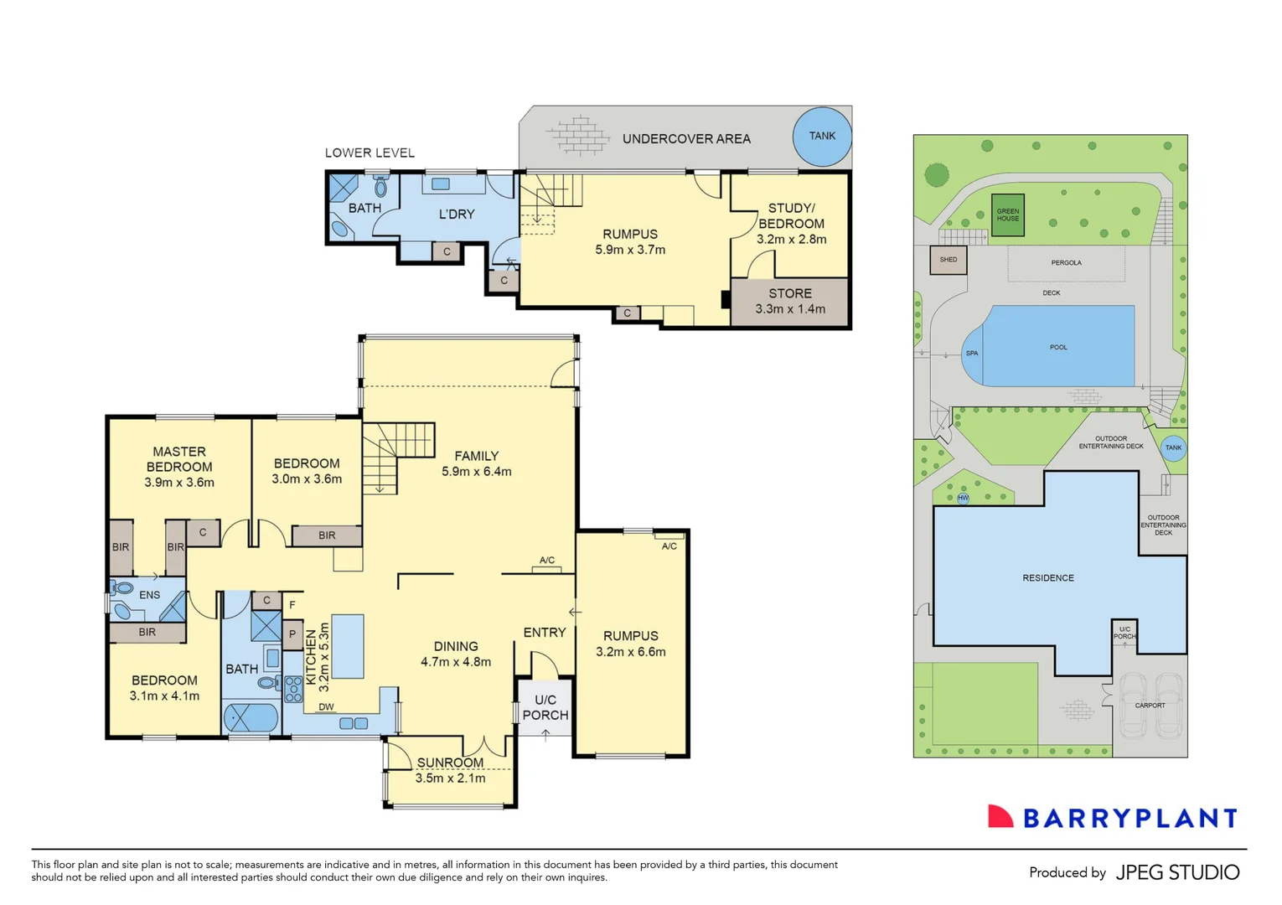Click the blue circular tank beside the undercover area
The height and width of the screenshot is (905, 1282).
(822, 136)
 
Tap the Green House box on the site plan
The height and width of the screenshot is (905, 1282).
(1008, 215)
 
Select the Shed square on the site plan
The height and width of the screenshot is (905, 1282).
(949, 260)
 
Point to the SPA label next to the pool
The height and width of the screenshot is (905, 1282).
(972, 354)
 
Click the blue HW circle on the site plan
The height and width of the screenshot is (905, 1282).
(963, 499)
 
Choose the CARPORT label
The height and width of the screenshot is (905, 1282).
(1150, 706)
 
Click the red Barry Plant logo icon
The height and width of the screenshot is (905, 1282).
(1000, 817)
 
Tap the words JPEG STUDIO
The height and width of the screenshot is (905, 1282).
(1177, 872)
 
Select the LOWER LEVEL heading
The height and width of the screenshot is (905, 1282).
(370, 153)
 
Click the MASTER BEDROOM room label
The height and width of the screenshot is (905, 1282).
(179, 459)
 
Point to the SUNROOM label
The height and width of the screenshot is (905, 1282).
(450, 763)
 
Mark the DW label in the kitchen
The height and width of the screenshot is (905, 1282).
(326, 707)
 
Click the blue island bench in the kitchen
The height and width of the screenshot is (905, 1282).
(348, 645)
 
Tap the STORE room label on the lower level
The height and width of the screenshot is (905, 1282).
(790, 293)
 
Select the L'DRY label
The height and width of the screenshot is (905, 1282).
(457, 215)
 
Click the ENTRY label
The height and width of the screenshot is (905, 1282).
(545, 633)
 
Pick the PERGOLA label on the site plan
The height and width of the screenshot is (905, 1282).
(1066, 263)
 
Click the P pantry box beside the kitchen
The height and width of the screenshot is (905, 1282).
(292, 634)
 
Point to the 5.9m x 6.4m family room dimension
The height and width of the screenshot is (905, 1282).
(477, 472)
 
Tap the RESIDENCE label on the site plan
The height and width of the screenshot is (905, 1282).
(1047, 578)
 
